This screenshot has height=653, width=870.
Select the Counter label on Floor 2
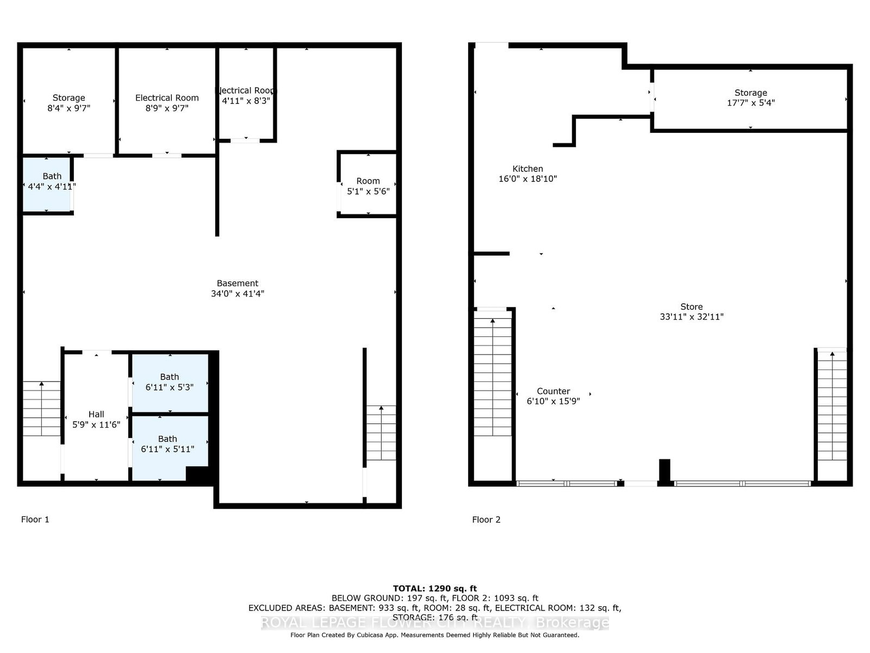pos(553,391)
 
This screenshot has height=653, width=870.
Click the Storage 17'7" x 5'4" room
pos(750,98)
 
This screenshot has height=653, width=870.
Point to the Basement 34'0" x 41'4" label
pos(238,288)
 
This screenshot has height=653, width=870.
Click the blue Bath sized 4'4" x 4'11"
pos(48,183)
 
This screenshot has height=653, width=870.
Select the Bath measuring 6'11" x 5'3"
pos(170,382)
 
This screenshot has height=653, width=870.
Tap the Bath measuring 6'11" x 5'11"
pos(167,444)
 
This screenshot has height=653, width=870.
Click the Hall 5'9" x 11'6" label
pos(96,420)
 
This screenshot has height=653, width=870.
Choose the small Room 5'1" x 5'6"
pos(368,186)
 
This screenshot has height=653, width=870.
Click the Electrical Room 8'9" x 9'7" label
pos(167,103)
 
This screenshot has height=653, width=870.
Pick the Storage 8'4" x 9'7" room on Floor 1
pos(69,103)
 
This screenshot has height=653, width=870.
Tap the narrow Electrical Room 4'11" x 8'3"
pos(246,96)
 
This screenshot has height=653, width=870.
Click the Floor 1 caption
pos(35,520)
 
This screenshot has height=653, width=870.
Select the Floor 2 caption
pos(486,520)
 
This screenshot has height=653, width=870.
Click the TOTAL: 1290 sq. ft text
pos(434,588)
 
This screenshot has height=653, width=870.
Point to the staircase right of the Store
pos(832,405)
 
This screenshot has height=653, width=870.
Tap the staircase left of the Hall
pos(42,409)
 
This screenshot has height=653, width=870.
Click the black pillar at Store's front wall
pos(664,471)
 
